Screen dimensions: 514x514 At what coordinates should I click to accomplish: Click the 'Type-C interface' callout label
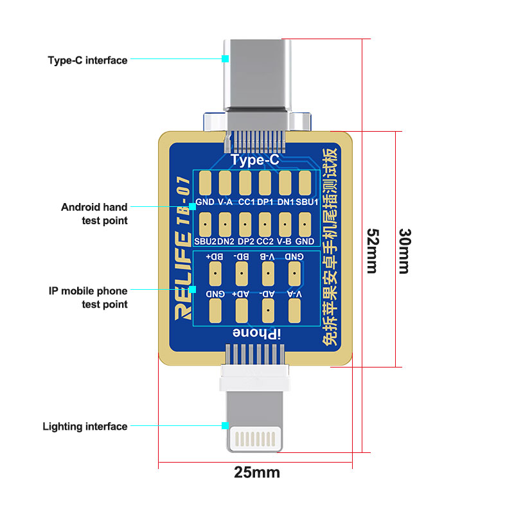pyautogui.click(x=87, y=60)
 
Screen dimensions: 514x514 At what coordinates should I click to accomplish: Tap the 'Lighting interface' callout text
pyautogui.click(x=85, y=426)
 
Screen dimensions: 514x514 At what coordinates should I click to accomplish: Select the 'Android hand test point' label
pyautogui.click(x=94, y=214)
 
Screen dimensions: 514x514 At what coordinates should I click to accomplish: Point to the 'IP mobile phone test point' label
pyautogui.click(x=88, y=297)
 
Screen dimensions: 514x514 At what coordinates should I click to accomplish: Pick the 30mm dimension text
pyautogui.click(x=403, y=251)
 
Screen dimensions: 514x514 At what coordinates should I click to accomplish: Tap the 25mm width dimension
pyautogui.click(x=257, y=473)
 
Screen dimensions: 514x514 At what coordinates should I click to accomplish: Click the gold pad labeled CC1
pyautogui.click(x=245, y=184)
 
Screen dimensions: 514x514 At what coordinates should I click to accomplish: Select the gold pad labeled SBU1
pyautogui.click(x=305, y=184)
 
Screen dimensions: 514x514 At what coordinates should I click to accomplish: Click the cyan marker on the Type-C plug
pyautogui.click(x=225, y=59)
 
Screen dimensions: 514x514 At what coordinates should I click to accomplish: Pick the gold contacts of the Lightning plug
pyautogui.click(x=257, y=439)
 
